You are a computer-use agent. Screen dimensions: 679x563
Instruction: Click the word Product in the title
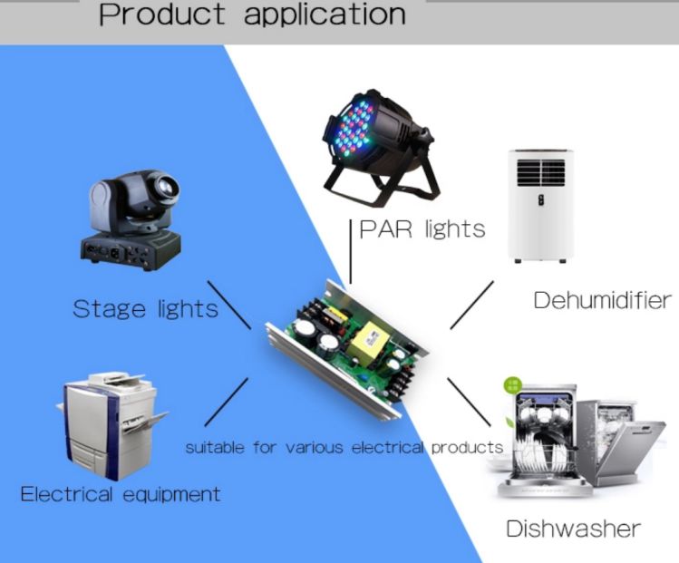click(162, 14)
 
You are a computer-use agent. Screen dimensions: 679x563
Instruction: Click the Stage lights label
click(145, 310)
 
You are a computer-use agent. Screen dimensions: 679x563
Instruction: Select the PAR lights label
click(422, 230)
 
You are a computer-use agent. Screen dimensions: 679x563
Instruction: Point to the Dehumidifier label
click(602, 300)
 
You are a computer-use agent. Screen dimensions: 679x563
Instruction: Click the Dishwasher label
click(573, 529)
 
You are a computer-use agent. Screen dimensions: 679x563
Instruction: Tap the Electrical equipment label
click(121, 495)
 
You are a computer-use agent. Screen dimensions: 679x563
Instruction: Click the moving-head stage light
click(131, 220)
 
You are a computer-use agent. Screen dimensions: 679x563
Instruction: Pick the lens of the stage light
click(166, 187)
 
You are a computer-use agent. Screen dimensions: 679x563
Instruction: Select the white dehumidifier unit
click(541, 206)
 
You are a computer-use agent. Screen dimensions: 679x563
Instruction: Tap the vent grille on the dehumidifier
click(541, 172)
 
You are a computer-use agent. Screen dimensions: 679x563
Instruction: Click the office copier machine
click(112, 426)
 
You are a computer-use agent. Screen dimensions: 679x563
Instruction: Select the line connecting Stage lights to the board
click(228, 305)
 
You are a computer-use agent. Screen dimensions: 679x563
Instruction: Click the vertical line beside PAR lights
click(350, 252)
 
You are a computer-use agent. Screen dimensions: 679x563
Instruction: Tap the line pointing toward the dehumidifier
click(471, 305)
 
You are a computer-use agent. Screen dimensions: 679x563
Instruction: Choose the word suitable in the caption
click(215, 447)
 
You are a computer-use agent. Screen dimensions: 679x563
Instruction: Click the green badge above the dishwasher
click(513, 385)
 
